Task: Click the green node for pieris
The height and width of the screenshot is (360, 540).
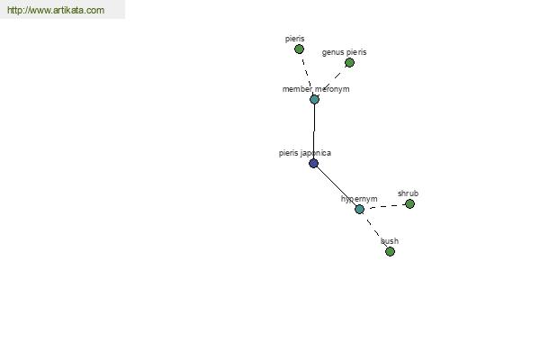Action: [299, 49]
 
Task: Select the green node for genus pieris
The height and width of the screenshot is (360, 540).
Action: [349, 63]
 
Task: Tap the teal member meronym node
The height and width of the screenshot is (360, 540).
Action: [314, 100]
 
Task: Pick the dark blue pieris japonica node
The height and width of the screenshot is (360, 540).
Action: [313, 163]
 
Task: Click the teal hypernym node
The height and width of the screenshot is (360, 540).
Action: [359, 209]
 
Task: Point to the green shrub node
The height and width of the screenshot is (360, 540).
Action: [409, 204]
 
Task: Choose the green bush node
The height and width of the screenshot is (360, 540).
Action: [390, 252]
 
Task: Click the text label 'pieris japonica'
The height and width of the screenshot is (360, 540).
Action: [305, 153]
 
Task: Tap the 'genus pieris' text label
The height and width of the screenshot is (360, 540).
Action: [344, 52]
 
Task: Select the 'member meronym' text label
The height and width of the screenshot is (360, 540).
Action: [316, 89]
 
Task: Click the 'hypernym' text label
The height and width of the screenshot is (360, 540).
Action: [359, 199]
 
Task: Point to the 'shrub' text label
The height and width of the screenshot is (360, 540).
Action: [408, 193]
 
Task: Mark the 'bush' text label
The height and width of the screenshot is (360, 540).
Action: [390, 241]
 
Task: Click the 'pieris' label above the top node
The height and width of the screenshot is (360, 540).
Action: [294, 39]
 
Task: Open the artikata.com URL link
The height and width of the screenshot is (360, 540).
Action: [56, 10]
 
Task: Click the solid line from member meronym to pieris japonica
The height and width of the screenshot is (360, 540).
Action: [314, 131]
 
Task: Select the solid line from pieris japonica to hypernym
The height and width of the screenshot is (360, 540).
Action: [336, 186]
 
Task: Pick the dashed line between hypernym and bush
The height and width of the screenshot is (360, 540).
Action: [374, 230]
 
